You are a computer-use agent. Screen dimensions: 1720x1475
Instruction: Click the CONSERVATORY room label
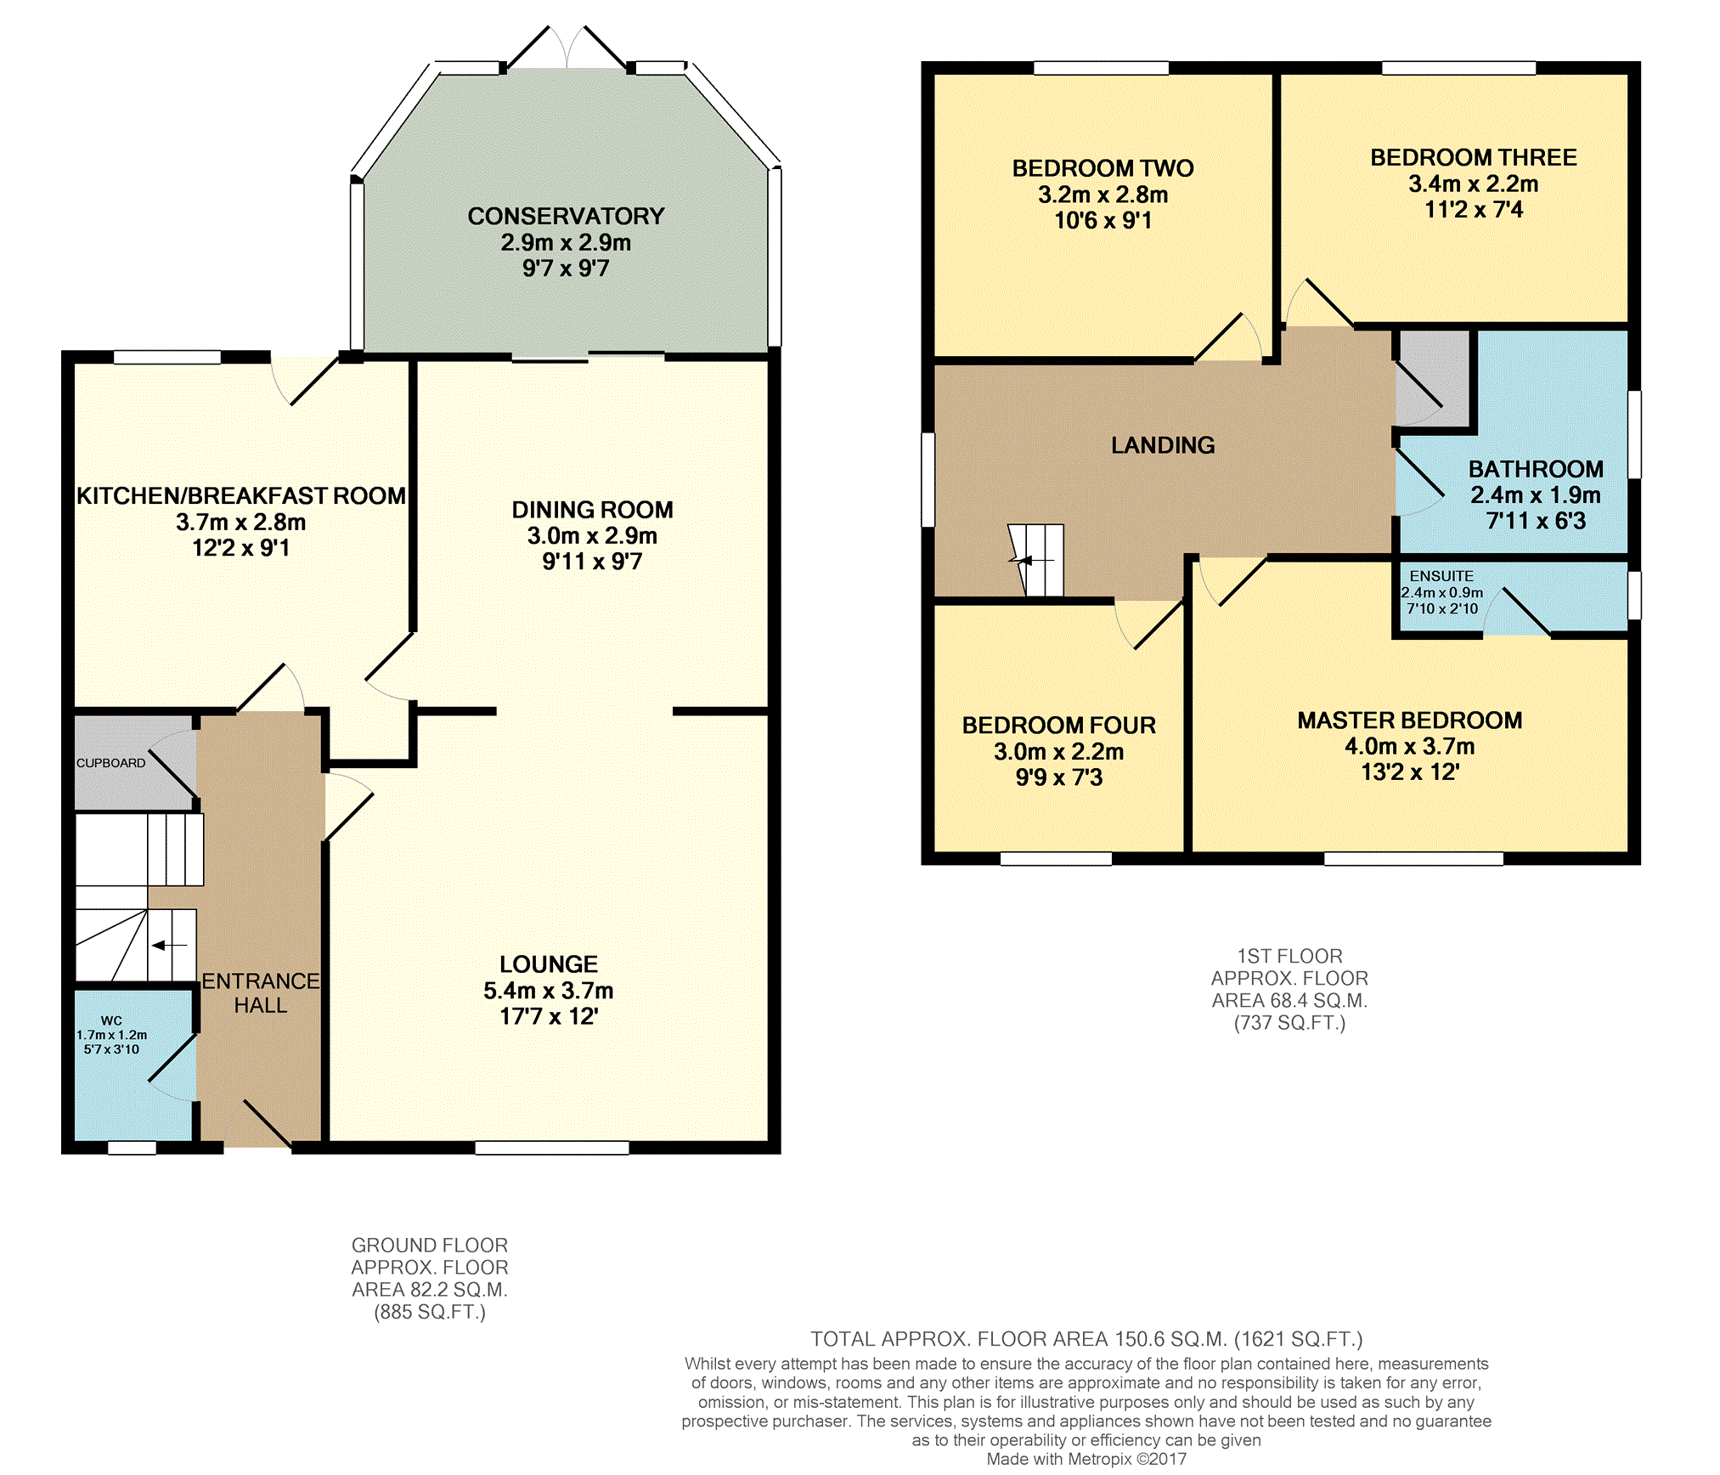[566, 217]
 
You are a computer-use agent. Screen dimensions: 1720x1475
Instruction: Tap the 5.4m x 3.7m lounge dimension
[549, 991]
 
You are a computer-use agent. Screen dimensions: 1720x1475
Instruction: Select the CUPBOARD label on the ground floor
[111, 763]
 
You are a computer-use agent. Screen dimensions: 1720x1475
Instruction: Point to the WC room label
[111, 1020]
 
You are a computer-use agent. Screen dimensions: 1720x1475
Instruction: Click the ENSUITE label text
[1441, 576]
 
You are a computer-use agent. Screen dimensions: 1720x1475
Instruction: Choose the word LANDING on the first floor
[1163, 445]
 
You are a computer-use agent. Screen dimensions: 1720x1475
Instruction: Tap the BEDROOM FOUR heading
[1059, 726]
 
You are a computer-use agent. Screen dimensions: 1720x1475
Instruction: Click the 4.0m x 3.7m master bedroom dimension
[1410, 747]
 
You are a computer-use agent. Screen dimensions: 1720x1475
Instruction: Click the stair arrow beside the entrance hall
[171, 945]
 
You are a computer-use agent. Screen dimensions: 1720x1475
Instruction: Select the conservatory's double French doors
[567, 48]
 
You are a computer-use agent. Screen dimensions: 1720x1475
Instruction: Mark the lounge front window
[552, 1148]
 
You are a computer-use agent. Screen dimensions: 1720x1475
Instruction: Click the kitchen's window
[167, 357]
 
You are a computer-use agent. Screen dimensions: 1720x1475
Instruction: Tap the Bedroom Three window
[1458, 68]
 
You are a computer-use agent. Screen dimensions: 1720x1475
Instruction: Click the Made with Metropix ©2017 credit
[1086, 1459]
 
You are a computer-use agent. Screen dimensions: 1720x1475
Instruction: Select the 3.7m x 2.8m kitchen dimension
[241, 523]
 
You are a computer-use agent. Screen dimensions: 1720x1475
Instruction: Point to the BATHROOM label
[1536, 469]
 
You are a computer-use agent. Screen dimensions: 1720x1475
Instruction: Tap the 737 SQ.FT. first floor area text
[1289, 1023]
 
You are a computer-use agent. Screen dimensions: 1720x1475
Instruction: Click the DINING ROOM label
[592, 510]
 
